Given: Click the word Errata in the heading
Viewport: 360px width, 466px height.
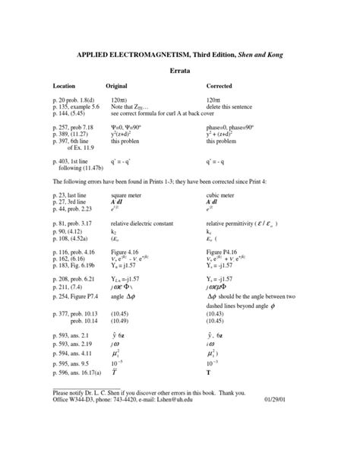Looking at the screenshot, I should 179,69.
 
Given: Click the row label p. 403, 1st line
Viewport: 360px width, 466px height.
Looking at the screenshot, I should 71,162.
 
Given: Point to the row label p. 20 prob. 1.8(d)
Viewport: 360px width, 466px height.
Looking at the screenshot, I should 74,100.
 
